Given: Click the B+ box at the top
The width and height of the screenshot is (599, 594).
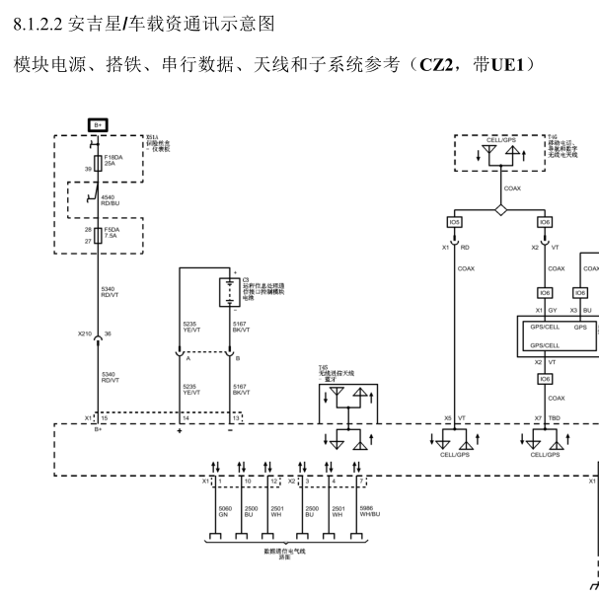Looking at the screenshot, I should (98, 124).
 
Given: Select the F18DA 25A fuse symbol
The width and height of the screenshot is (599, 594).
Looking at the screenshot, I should (98, 164).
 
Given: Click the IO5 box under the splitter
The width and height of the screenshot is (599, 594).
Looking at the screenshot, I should (454, 223).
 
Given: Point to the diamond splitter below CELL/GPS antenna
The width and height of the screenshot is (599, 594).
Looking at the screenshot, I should (500, 210).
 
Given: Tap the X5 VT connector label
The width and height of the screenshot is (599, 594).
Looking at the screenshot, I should (454, 418).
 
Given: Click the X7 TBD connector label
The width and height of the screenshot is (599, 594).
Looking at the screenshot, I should (546, 418).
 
